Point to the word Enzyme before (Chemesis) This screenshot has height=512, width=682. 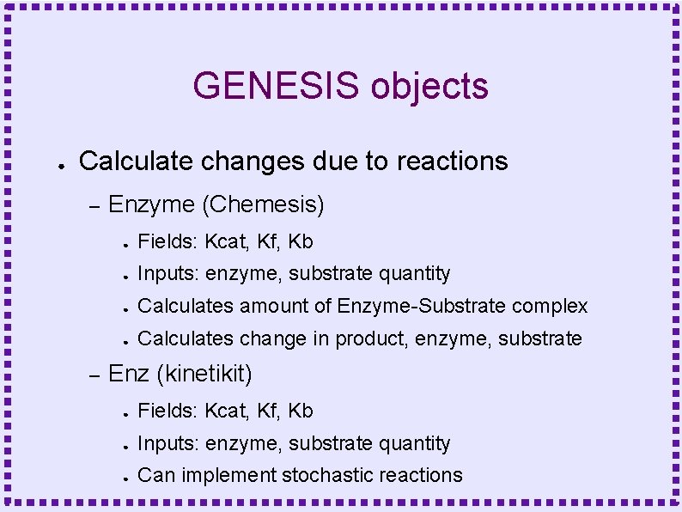[152, 205]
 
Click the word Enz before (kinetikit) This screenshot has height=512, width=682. [129, 375]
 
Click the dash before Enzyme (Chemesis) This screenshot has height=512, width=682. [95, 206]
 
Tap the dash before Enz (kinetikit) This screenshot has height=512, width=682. [95, 375]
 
